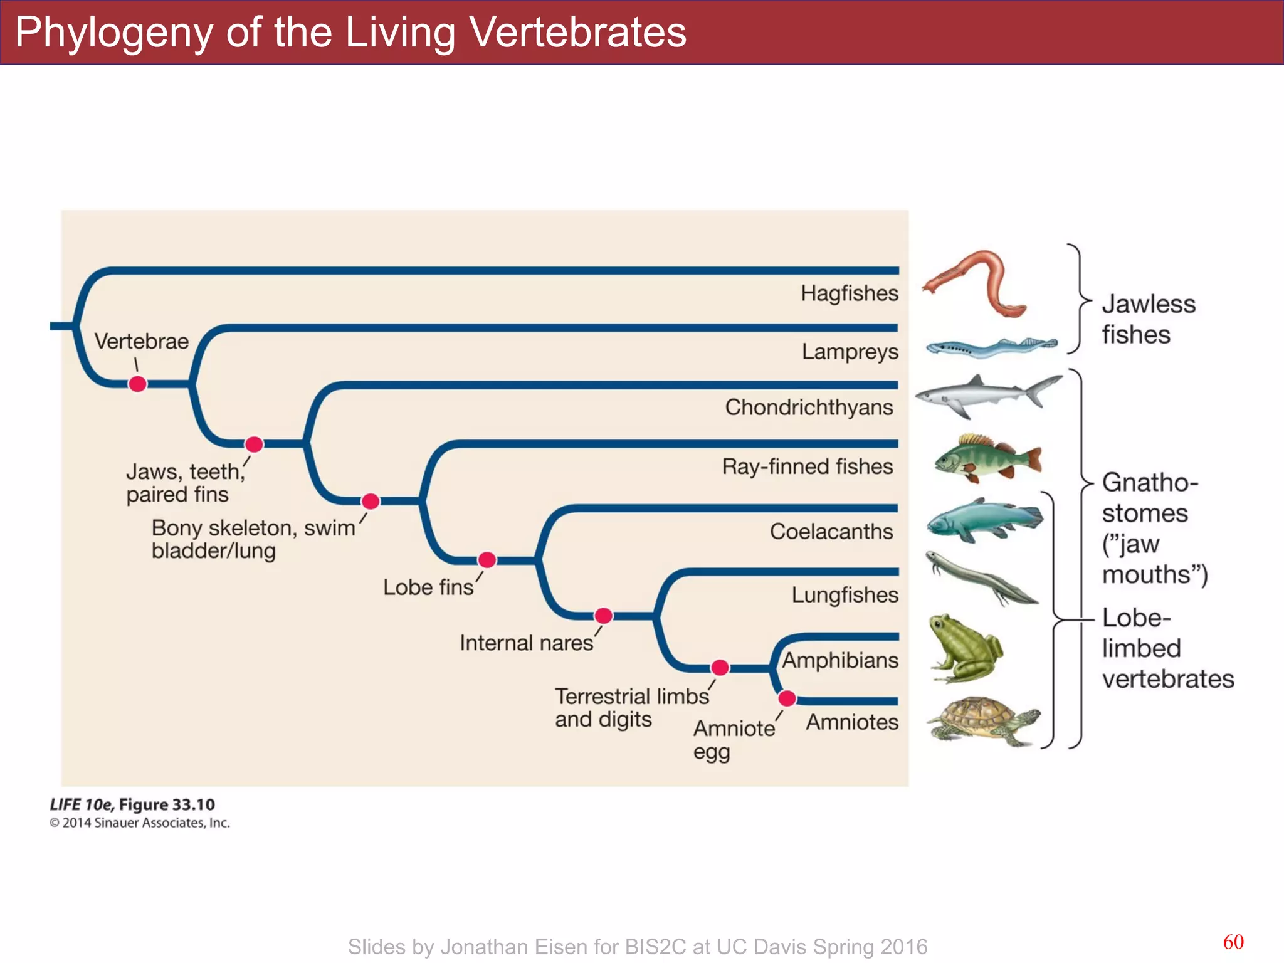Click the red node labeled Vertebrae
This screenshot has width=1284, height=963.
[137, 384]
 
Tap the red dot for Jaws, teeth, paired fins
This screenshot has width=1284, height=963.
[254, 444]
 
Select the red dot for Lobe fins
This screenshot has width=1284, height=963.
[487, 559]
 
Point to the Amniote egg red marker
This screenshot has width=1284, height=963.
[787, 698]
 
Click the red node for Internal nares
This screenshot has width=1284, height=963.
[603, 616]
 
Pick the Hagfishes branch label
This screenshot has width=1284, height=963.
[849, 293]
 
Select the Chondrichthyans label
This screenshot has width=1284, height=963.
[809, 408]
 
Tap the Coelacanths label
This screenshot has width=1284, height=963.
[831, 532]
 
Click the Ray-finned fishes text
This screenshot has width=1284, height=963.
[807, 466]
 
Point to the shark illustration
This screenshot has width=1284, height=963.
[987, 395]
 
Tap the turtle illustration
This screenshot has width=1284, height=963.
[981, 721]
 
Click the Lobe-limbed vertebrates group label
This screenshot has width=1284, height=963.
[1167, 648]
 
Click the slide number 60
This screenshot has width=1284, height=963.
[1233, 942]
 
